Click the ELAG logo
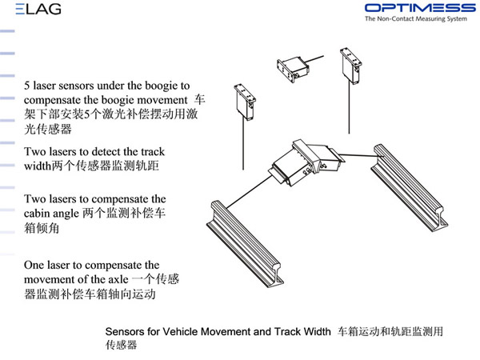[38, 9]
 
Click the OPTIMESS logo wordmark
[420, 8]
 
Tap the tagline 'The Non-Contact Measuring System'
[416, 18]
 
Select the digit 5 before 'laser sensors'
[27, 86]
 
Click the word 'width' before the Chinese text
[38, 166]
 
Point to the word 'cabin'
[36, 213]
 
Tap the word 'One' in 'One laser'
[33, 265]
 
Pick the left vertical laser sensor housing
[245, 102]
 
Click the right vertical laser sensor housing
[351, 66]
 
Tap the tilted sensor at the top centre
[293, 70]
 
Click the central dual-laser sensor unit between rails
[306, 162]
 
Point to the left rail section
[245, 244]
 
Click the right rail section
[410, 188]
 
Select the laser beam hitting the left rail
[249, 191]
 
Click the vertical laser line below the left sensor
[243, 145]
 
